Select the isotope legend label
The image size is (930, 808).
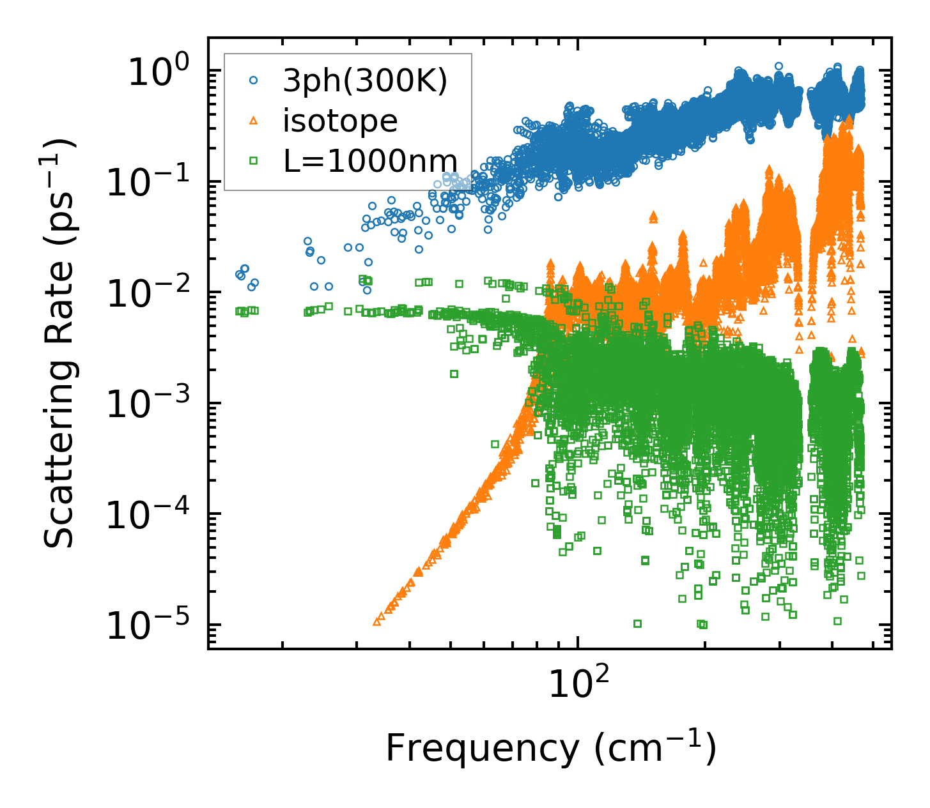tap(340, 121)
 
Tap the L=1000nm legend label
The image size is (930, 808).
tap(370, 161)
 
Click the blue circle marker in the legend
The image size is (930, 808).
tap(253, 81)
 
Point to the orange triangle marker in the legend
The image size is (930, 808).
tap(253, 121)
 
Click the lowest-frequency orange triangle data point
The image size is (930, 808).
tap(376, 621)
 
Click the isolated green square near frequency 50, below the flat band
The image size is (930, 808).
tap(454, 374)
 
